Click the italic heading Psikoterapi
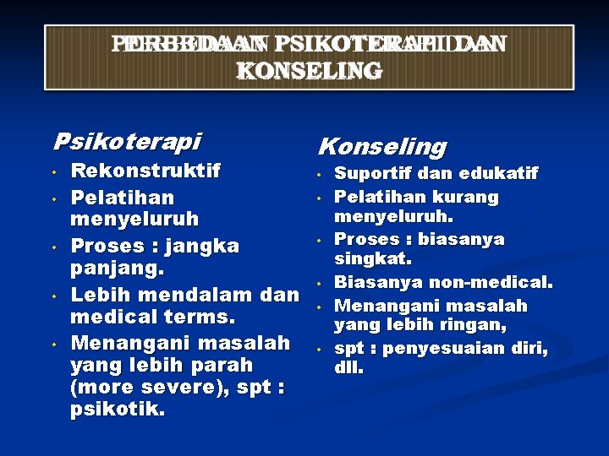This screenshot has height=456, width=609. coord(127,139)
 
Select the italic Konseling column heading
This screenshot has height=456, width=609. coord(381,147)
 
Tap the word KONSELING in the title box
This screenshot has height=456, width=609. coord(309,71)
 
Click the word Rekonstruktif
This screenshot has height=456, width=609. coord(145,171)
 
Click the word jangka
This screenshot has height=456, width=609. coord(203,247)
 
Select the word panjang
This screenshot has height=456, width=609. coord(116,270)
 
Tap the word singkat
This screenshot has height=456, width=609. coord(372,258)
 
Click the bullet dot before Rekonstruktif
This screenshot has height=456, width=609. coord(52,173)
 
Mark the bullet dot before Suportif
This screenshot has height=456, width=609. coord(320,175)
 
